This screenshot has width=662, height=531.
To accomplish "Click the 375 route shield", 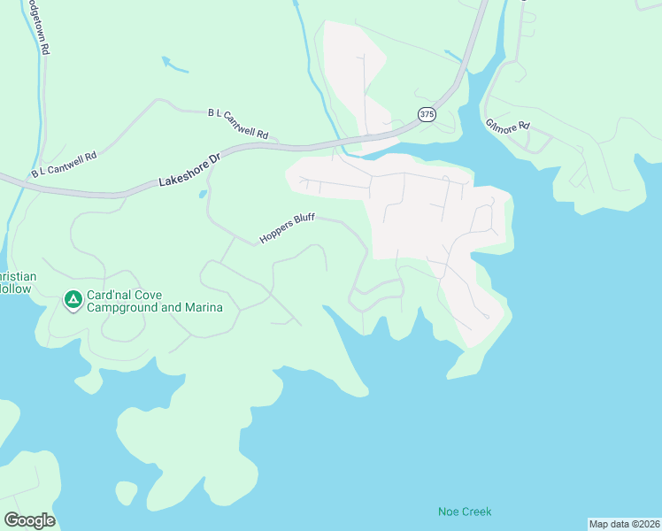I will pos(427,114).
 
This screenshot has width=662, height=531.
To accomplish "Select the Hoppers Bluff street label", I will pos(287,228).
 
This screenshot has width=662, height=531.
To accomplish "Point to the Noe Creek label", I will pos(465,512).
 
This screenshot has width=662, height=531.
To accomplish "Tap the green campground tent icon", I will pos(72,302).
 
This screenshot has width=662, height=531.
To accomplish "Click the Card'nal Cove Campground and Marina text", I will pos(154,302).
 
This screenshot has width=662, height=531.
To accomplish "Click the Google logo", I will pos(29,520).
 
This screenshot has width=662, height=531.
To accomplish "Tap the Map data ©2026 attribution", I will pos(624,524).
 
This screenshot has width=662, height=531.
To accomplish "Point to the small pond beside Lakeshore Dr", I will pos(203,193).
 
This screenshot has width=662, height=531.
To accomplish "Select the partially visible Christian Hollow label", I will pos(18,282).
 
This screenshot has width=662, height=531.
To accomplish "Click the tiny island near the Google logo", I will pos(126,491).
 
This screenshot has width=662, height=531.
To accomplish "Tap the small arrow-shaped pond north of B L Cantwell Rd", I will pos(173,64).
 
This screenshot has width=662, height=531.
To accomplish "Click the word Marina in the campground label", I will pos(202,308).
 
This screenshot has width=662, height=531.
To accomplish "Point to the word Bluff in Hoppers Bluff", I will pos(302,220).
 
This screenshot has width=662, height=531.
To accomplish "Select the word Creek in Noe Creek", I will pos(477,512).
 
